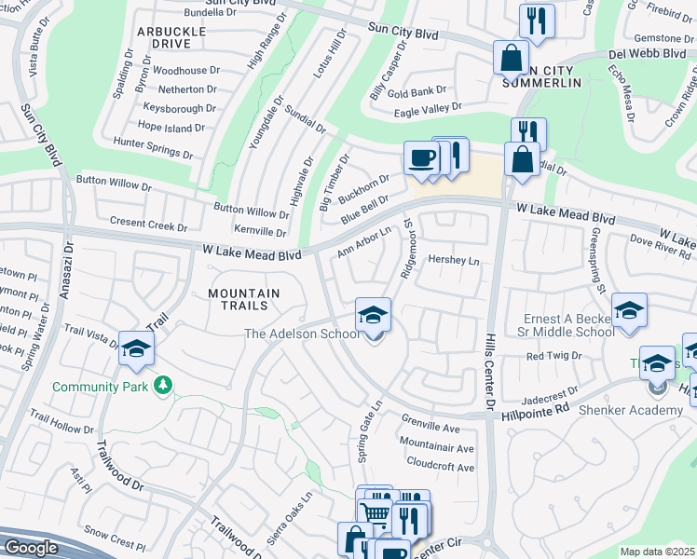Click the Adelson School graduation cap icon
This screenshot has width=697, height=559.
tap(374, 316)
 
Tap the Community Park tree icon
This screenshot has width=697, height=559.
tap(164, 385)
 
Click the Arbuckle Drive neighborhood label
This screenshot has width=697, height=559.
tap(171, 37)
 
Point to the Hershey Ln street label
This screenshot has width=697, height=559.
tap(453, 261)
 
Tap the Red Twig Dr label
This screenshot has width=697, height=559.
tap(553, 356)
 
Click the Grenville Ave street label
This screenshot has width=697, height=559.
tap(430, 428)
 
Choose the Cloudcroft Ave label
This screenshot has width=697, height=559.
tap(441, 466)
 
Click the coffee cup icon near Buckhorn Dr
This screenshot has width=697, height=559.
tap(421, 157)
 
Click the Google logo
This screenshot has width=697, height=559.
tap(31, 547)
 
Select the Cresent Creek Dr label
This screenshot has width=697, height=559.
tap(149, 225)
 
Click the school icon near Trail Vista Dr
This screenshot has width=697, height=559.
tap(136, 349)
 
